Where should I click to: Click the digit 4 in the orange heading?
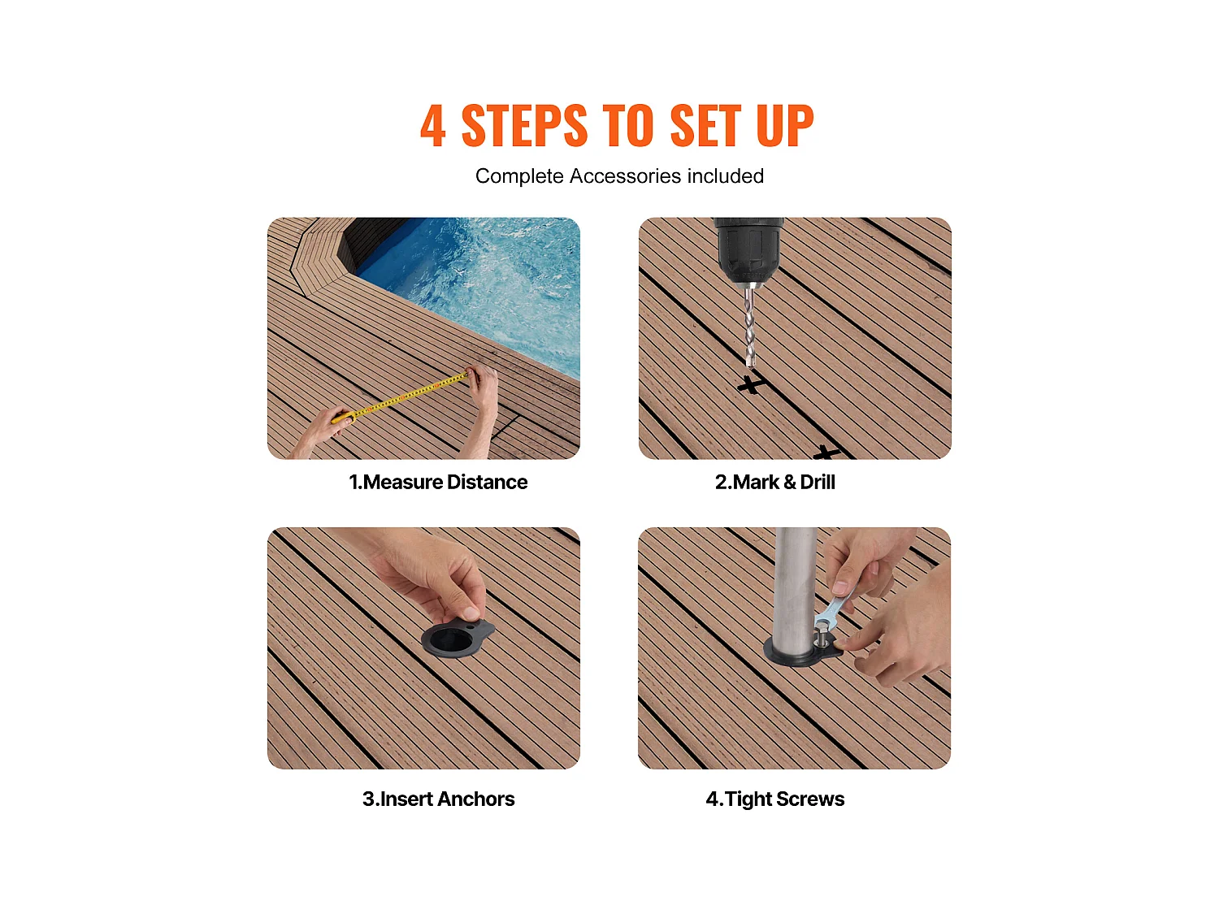(x=432, y=125)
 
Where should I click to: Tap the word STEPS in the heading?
(x=523, y=125)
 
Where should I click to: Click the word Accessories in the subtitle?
(x=625, y=176)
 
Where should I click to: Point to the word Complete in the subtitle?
(x=519, y=176)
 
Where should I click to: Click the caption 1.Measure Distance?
(x=437, y=482)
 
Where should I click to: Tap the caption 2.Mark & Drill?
(x=774, y=482)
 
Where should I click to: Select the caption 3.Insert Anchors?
(x=438, y=799)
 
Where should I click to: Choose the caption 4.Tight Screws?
(x=774, y=799)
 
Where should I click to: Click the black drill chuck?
(x=748, y=249)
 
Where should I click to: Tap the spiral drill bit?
(x=750, y=326)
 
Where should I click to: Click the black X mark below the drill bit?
(x=751, y=384)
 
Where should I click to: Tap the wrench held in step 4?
(x=834, y=610)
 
